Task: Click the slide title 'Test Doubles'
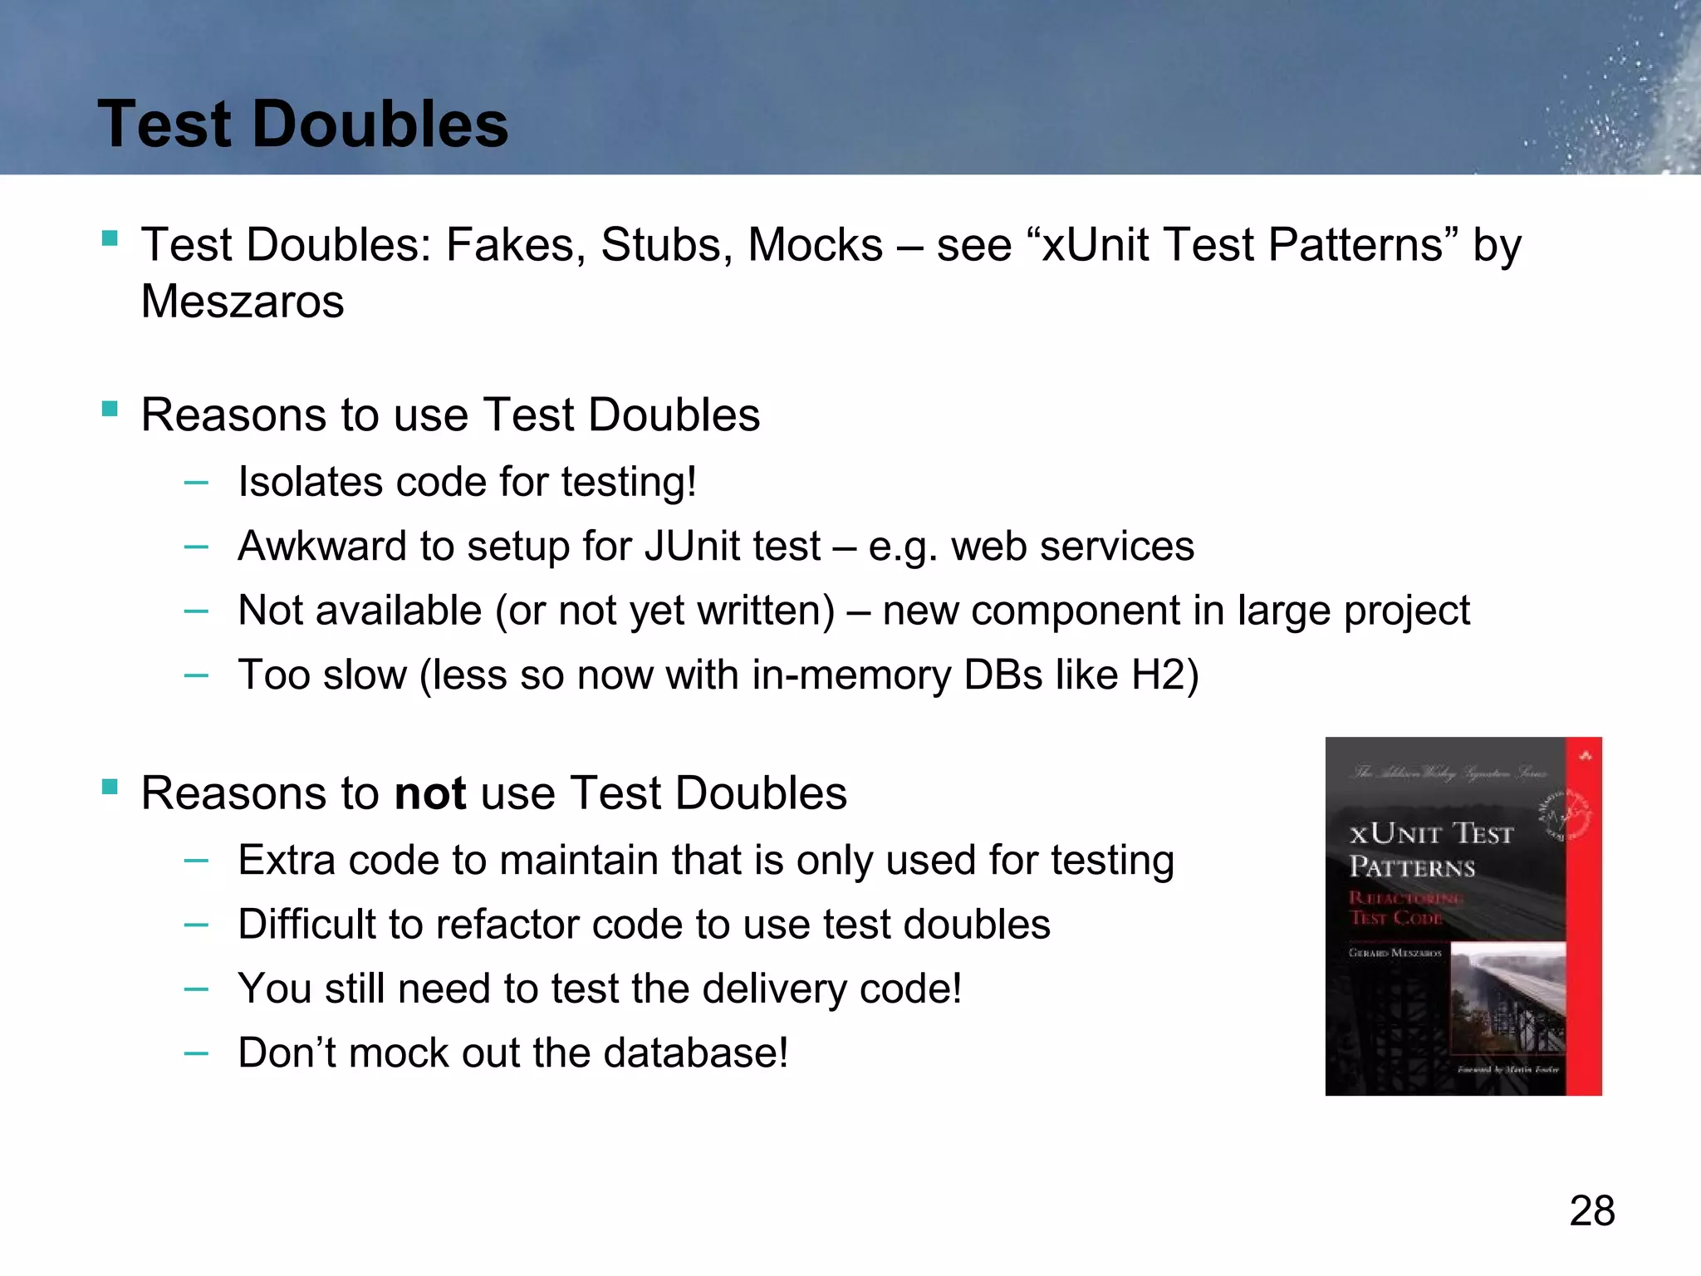[302, 125]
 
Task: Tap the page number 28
[1591, 1211]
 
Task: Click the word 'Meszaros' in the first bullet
[243, 301]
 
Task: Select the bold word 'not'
[429, 793]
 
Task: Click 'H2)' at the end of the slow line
[1164, 675]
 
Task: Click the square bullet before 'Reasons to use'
[110, 409]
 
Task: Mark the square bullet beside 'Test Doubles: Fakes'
[110, 239]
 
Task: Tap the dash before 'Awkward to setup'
[196, 547]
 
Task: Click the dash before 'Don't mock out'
[196, 1053]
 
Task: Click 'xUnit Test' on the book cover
[1430, 833]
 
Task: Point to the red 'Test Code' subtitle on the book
[1395, 917]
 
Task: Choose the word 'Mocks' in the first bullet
[815, 245]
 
